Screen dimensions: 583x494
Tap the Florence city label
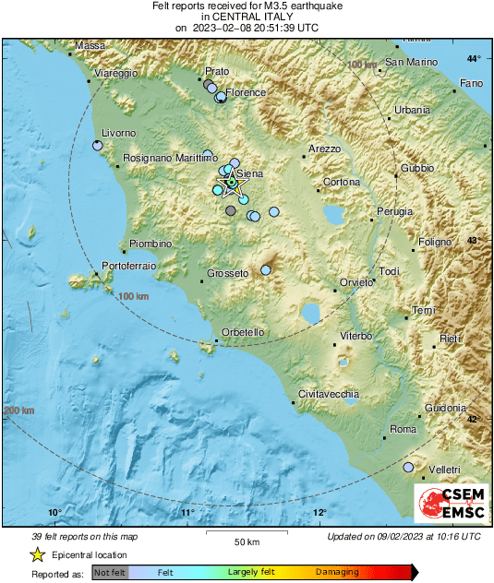point(247,92)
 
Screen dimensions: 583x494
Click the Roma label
point(404,430)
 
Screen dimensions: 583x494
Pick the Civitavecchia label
point(329,394)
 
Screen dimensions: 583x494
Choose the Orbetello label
point(244,332)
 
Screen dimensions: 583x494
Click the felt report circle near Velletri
point(409,468)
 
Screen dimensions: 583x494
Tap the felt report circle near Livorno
point(98,145)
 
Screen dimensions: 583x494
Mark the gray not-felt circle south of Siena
point(230,210)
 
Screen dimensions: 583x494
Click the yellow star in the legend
point(38,554)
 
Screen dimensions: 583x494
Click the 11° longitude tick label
point(187,513)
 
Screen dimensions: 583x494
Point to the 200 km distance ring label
point(19,410)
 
